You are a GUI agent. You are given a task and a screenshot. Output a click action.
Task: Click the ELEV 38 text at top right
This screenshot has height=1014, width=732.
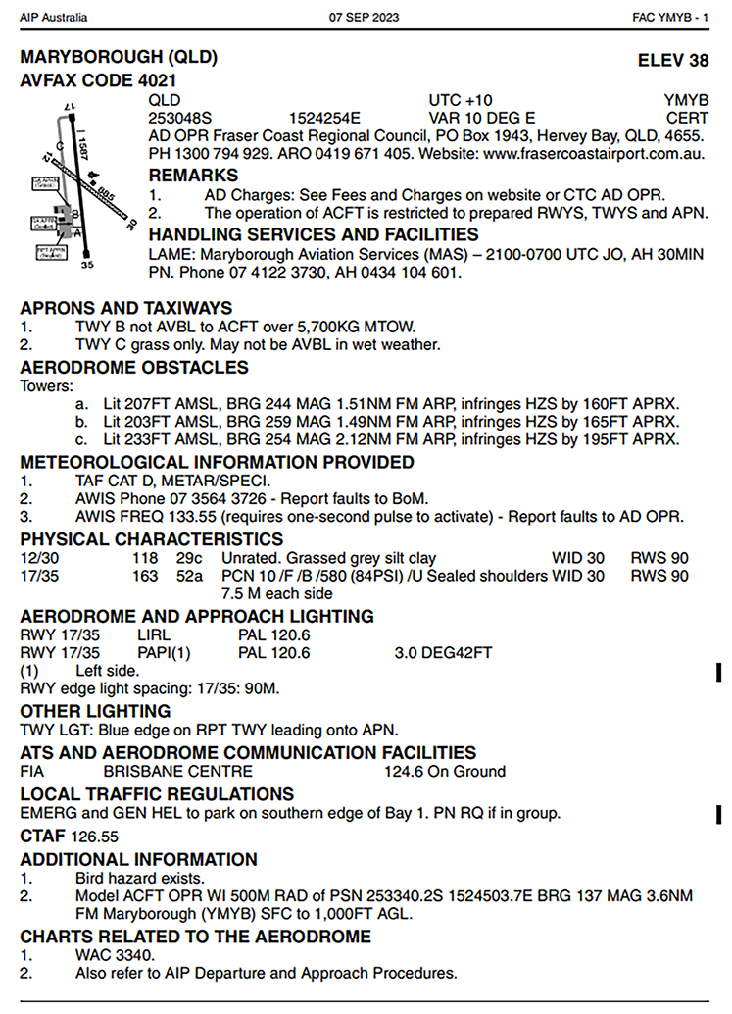(x=672, y=61)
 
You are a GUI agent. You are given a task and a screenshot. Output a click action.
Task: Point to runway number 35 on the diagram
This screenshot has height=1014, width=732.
(x=86, y=264)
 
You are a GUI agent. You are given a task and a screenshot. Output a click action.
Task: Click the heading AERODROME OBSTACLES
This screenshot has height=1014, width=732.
(x=134, y=368)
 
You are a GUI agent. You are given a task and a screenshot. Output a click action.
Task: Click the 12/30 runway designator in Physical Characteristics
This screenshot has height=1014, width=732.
(x=40, y=558)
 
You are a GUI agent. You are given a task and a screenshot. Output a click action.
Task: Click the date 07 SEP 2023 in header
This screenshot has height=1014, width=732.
(x=365, y=18)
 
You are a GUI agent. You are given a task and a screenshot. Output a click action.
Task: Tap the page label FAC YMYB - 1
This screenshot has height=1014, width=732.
(x=671, y=18)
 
